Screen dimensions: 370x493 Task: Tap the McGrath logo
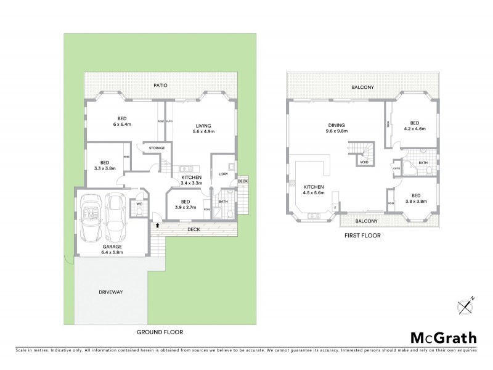[x=443, y=337]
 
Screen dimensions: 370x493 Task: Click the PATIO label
[x=161, y=85]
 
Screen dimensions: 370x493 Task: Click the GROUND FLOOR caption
[x=160, y=332]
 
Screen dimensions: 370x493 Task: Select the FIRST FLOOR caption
[x=362, y=236]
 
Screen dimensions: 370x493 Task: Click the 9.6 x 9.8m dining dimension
[x=337, y=131]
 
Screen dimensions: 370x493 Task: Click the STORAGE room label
[x=156, y=148]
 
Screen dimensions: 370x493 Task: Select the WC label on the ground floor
[x=139, y=203]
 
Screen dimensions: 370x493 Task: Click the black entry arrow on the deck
[x=158, y=226]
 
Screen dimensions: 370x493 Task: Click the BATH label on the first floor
[x=423, y=163]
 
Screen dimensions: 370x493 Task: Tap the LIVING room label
[x=203, y=125]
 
